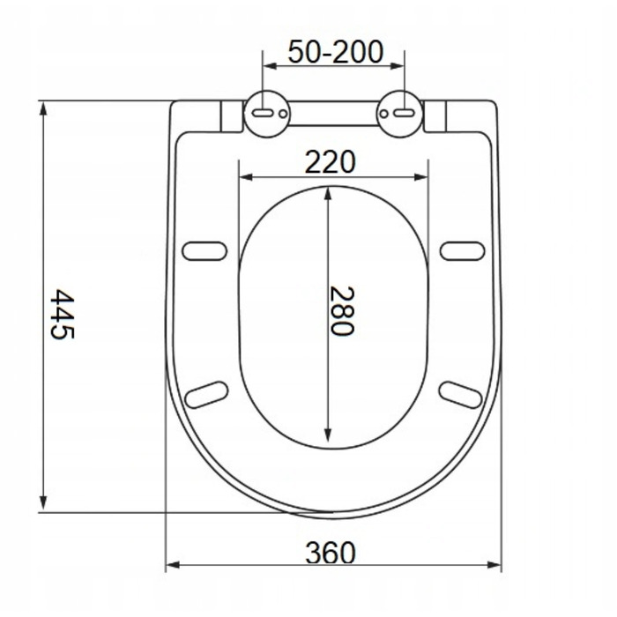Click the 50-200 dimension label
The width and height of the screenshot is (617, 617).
click(x=335, y=51)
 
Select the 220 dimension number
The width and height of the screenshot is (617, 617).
click(x=331, y=161)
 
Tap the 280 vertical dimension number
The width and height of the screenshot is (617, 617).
click(x=341, y=311)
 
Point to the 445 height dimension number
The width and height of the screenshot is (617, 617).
click(x=63, y=314)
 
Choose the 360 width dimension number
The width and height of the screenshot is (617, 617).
click(x=331, y=553)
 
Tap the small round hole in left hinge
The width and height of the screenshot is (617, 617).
click(x=283, y=114)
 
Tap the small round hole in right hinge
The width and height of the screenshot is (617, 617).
click(x=383, y=114)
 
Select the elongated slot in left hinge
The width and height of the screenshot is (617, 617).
click(x=262, y=114)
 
